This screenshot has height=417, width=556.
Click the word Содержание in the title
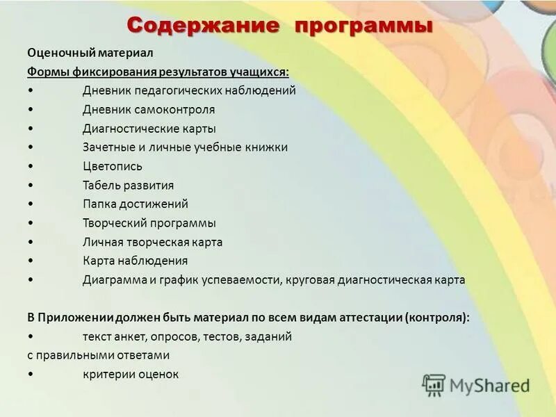204,26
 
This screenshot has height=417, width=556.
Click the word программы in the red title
363,26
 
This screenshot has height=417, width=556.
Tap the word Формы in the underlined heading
47,72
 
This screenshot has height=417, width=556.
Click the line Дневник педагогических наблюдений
189,90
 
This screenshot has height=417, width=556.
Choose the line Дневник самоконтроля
149,110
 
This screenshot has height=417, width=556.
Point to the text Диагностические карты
149,129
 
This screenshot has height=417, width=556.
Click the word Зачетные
107,147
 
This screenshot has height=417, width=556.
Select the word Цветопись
113,166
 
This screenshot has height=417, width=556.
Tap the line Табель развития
128,186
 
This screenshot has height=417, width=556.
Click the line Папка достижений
135,204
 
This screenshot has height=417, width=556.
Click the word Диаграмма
115,280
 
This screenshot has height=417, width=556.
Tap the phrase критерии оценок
131,374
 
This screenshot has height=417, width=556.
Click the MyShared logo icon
434,384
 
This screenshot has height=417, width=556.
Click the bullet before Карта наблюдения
31,261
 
